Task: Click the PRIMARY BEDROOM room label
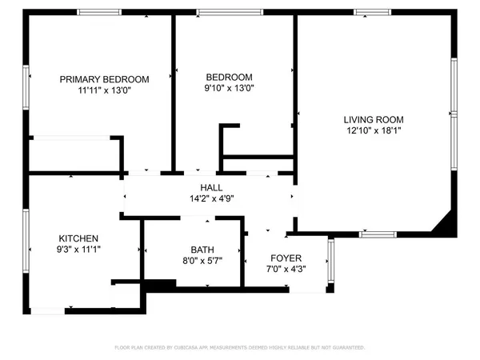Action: point(105,79)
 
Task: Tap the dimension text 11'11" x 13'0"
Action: point(105,90)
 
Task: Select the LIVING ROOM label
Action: point(374,118)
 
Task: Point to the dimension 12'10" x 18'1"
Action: point(374,130)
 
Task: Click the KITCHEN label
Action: point(78,238)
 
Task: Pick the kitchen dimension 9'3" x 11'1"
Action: point(78,250)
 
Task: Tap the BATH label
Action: point(202,250)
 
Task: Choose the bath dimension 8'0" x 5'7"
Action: point(202,261)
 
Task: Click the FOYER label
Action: point(286,258)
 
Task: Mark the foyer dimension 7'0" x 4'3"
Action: point(286,270)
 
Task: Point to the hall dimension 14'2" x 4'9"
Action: point(211,198)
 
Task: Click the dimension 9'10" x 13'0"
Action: point(230,89)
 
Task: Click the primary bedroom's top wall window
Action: point(99,12)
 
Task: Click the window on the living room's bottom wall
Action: point(377,234)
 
